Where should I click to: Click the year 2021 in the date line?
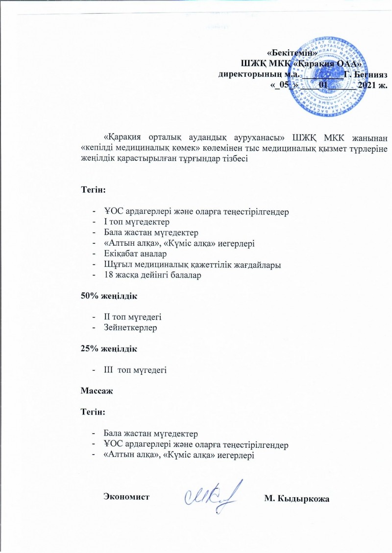pyautogui.click(x=368, y=85)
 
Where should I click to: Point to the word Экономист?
pyautogui.click(x=126, y=497)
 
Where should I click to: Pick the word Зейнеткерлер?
pyautogui.click(x=130, y=328)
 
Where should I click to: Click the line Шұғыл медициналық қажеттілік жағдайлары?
pyautogui.click(x=192, y=265)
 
